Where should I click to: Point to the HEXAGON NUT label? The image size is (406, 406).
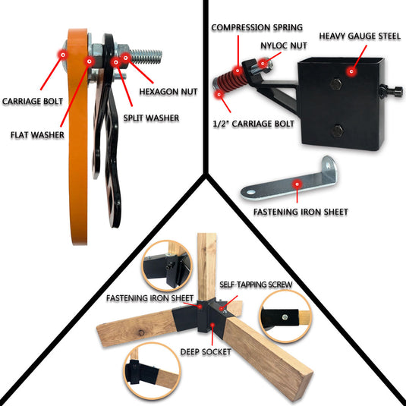(168, 92)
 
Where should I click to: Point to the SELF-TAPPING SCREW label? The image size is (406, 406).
(255, 285)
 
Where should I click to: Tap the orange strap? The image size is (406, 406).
(77, 152)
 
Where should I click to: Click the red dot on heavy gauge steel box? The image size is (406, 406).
(351, 71)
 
